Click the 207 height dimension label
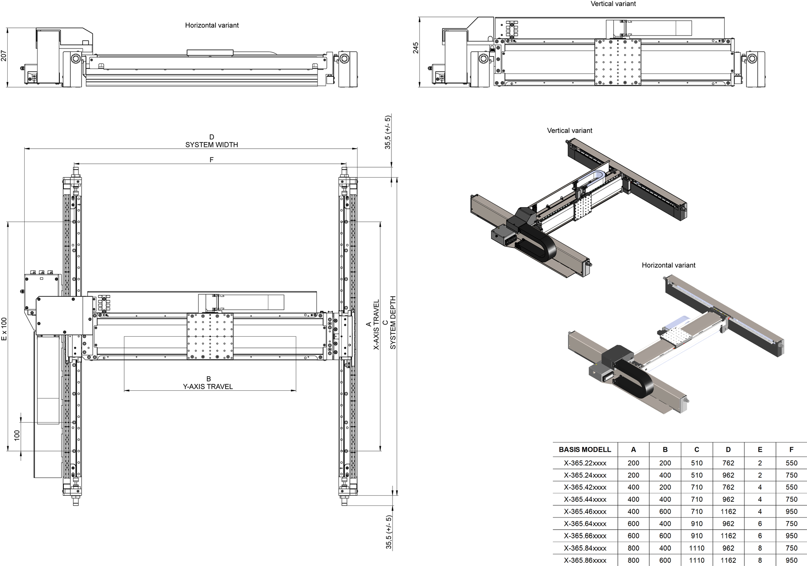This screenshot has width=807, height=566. click(4, 56)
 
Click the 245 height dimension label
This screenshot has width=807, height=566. click(416, 48)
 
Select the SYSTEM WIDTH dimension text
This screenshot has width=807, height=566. click(211, 145)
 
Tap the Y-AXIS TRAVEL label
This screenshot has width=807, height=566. click(208, 386)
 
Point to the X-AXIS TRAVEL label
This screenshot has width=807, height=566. click(376, 325)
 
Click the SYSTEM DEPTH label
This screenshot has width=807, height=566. click(393, 323)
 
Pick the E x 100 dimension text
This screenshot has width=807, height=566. click(4, 329)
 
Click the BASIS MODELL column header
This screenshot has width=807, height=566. click(585, 449)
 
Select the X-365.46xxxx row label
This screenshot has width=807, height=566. click(585, 511)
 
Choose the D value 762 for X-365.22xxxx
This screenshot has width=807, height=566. click(728, 463)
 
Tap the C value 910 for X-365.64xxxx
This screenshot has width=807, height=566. click(696, 524)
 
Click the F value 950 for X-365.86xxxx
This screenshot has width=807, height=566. click(791, 560)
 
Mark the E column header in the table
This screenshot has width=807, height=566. click(760, 449)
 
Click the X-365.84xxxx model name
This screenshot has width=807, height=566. click(585, 548)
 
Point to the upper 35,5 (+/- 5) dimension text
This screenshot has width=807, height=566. click(388, 132)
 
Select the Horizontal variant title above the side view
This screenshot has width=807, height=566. click(212, 25)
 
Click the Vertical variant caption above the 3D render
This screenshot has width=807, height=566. click(569, 130)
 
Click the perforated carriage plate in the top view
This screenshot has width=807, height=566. click(210, 336)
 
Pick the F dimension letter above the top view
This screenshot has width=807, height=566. click(211, 160)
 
